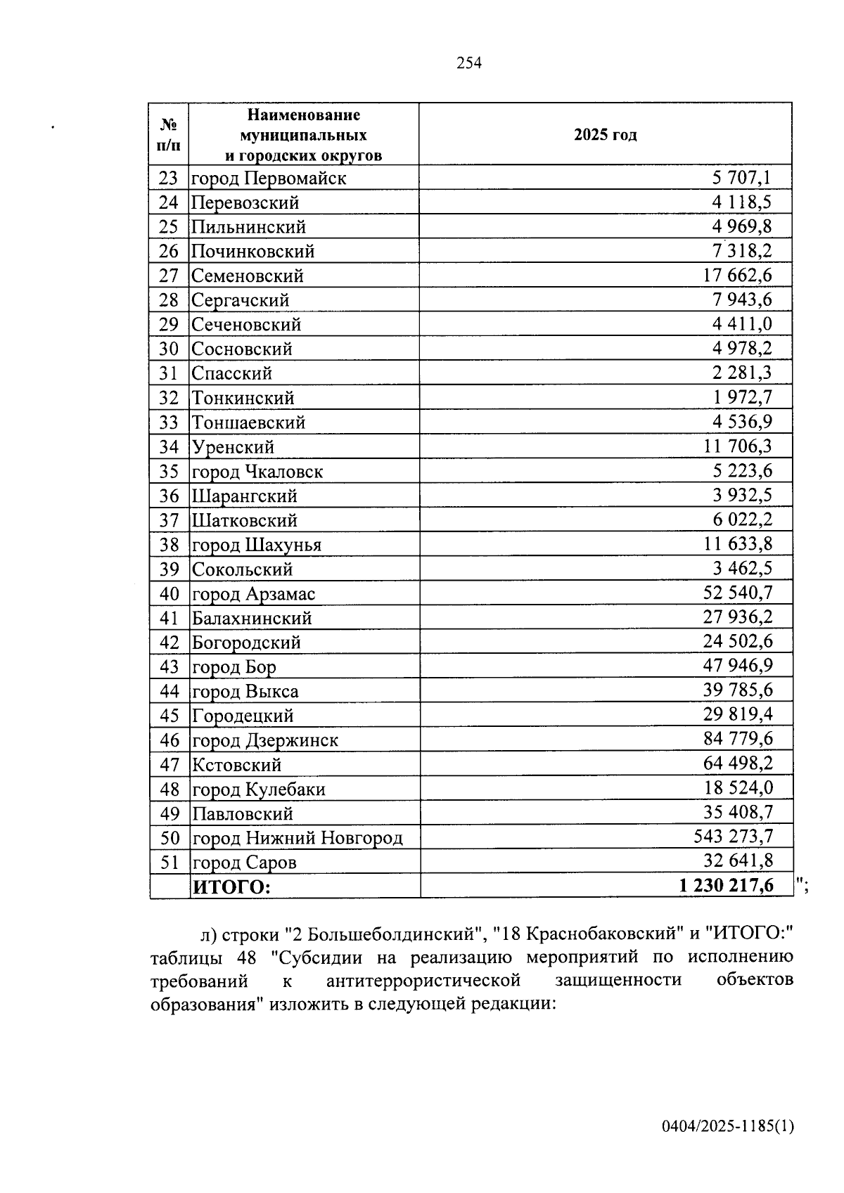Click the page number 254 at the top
point(469,63)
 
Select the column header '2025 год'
point(605,135)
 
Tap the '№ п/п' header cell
point(169,135)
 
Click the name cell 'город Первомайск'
point(269,179)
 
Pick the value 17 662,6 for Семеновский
point(737,276)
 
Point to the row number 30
point(169,349)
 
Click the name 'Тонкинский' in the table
point(243,399)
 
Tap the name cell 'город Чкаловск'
point(257,472)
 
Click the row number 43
point(169,667)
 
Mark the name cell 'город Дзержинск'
point(265,741)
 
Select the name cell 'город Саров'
point(244,863)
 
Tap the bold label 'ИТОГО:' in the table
point(231,887)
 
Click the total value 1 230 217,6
point(726,886)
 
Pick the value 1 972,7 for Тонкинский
point(742,398)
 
